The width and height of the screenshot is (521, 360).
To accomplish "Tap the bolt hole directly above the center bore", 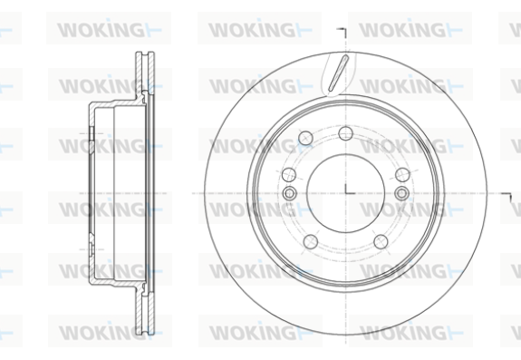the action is (x=345, y=133).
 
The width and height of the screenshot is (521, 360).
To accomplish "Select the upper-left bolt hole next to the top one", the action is (x=305, y=138).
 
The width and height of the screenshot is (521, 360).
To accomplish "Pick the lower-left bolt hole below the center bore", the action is (x=311, y=241).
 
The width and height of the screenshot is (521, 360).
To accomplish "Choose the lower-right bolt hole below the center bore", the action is (x=381, y=241).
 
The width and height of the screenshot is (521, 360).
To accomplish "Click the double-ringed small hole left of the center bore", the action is (x=289, y=193).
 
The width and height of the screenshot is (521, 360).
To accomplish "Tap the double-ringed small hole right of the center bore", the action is (x=401, y=193).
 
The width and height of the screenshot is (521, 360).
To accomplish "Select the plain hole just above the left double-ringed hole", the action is (x=289, y=175).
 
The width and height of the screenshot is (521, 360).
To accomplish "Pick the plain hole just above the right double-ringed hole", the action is (x=402, y=175).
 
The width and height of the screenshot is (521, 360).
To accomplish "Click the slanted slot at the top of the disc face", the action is (x=338, y=73).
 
